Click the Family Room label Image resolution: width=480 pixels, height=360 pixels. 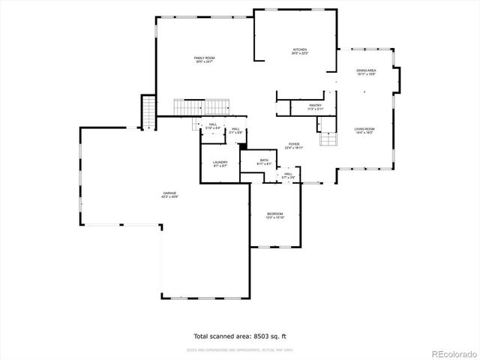click(205, 58)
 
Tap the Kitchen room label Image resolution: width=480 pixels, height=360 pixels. click(299, 50)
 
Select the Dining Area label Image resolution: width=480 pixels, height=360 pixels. click(366, 70)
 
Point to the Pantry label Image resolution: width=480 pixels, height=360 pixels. click(316, 106)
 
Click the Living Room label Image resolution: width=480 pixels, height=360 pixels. click(364, 129)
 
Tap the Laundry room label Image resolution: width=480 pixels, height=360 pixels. click(220, 162)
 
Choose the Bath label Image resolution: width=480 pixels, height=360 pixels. click(264, 160)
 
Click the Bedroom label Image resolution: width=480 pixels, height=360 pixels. click(274, 214)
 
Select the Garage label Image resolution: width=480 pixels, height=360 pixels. click(170, 193)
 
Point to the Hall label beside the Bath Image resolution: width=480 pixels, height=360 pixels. click(288, 174)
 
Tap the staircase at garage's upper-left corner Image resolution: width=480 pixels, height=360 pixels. click(148, 112)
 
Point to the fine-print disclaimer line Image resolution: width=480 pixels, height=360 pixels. click(239, 349)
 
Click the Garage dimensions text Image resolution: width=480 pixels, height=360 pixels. click(170, 196)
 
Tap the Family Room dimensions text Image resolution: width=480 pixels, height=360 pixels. click(205, 61)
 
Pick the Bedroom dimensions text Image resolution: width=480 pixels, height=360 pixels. click(274, 218)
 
